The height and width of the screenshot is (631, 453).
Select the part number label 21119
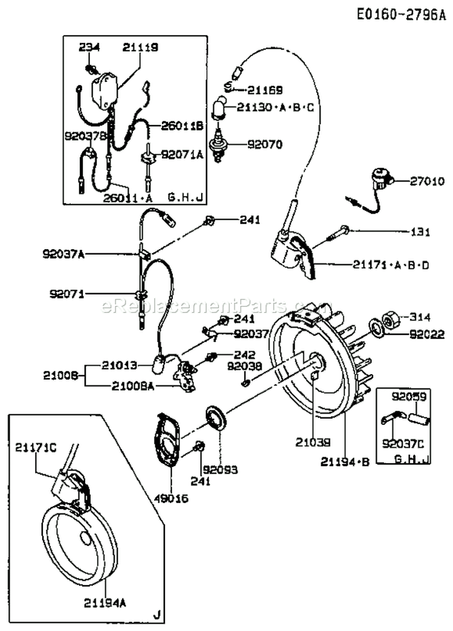pos(140,47)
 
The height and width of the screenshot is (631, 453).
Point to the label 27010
pos(427,180)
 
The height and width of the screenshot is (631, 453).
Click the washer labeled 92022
pos(375,329)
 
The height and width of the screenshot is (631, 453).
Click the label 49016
pos(172,498)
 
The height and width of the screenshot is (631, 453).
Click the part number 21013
pos(118,364)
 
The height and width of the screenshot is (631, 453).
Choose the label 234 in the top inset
pos(90,47)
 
